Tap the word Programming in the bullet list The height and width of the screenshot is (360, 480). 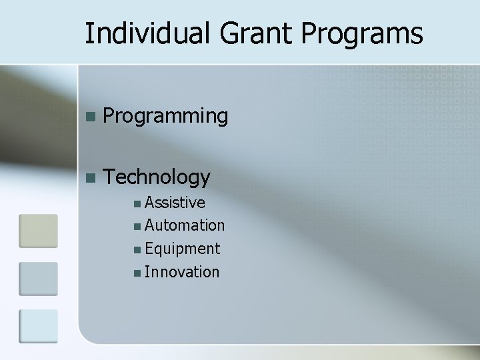(x=166, y=117)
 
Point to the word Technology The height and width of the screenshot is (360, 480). (x=158, y=177)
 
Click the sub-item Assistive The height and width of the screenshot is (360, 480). (x=175, y=202)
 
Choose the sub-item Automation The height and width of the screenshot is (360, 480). (x=185, y=225)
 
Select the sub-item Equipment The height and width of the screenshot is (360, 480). (x=182, y=249)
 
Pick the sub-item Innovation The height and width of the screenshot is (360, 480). (x=181, y=272)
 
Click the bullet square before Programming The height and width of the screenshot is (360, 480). (x=91, y=117)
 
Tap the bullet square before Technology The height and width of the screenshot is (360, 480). (x=91, y=177)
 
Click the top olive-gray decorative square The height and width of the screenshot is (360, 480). (x=38, y=230)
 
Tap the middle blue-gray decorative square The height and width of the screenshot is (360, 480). (x=38, y=278)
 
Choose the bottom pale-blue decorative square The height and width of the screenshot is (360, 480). (x=38, y=326)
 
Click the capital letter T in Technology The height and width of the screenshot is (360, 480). (x=111, y=177)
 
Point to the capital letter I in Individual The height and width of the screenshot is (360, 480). (x=89, y=33)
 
